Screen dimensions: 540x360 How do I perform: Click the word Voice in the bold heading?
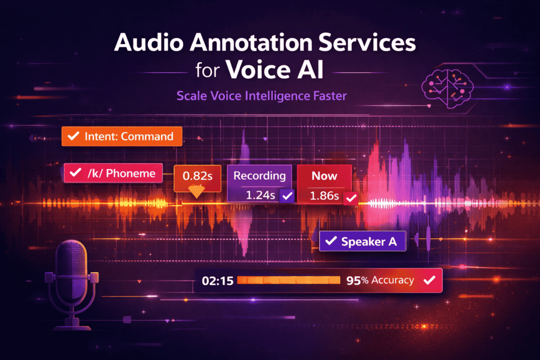tap(258, 70)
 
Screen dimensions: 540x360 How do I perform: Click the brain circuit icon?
tap(447, 89)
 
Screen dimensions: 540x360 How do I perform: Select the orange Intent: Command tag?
tap(122, 137)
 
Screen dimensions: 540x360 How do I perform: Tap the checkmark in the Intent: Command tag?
tap(73, 136)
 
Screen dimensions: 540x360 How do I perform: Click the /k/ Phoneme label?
tap(113, 173)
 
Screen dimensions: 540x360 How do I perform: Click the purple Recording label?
tap(259, 176)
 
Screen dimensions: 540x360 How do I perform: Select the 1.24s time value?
tap(261, 196)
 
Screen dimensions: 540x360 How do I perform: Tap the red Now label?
tap(324, 176)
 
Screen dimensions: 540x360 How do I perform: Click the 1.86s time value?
tap(324, 196)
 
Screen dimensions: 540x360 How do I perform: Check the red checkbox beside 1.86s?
tap(351, 198)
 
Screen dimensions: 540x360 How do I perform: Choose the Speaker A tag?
tap(362, 241)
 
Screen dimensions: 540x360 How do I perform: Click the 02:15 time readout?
tap(218, 281)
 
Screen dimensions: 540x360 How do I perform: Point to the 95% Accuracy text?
tap(380, 280)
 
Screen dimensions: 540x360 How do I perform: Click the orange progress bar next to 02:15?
tap(288, 280)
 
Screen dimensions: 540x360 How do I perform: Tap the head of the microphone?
tap(71, 270)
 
